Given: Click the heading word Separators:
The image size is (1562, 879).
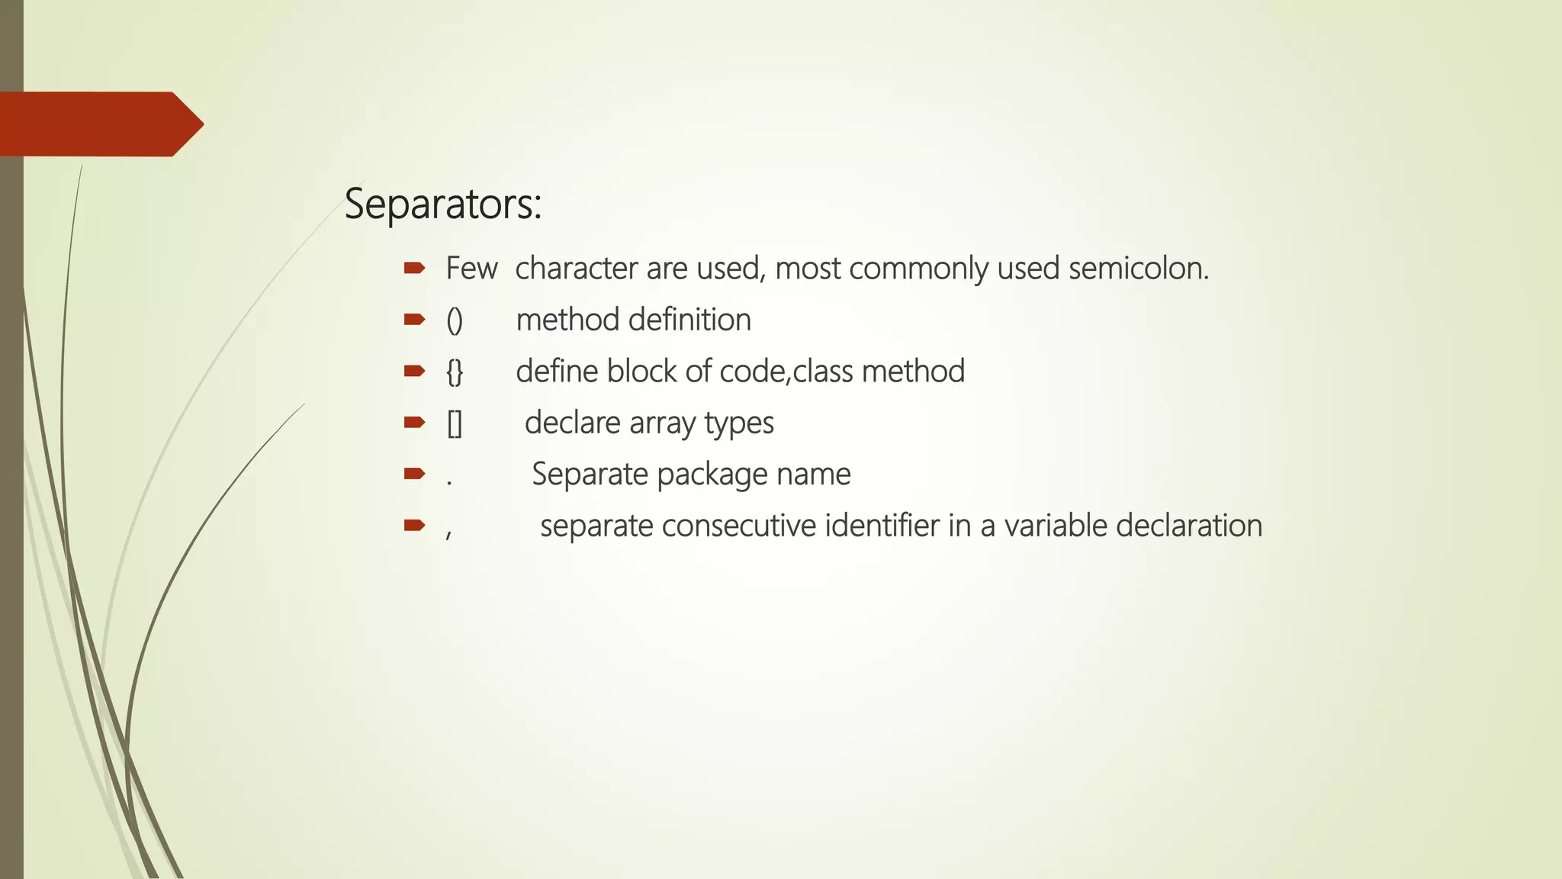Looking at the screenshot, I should [x=442, y=204].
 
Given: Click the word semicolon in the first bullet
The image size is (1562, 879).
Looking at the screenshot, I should [x=1138, y=269].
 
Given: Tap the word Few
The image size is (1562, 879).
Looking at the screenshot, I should [x=471, y=269].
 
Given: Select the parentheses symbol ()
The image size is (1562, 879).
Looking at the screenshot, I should [x=455, y=320].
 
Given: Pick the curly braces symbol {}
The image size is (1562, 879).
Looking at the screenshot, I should [x=455, y=372].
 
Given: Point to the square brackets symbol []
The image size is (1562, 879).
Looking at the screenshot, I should [x=455, y=423].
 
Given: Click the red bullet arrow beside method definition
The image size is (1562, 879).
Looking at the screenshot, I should [x=414, y=319].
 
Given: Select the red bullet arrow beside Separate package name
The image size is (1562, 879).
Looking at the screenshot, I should [x=414, y=474].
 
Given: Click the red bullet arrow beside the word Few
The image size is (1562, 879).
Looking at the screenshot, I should [x=414, y=268].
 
